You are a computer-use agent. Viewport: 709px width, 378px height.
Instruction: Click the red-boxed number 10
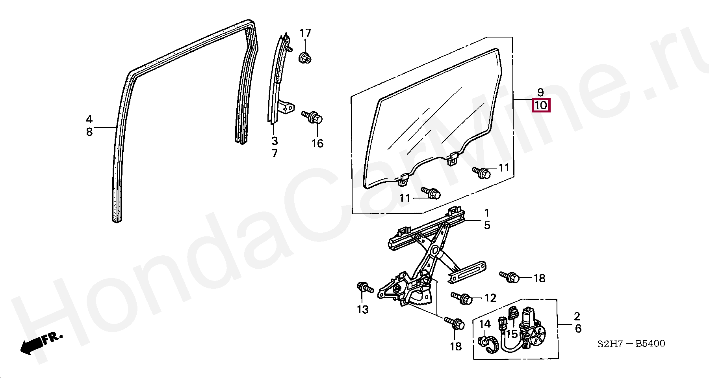[540, 105]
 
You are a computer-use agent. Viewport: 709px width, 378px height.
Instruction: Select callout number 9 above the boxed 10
[540, 92]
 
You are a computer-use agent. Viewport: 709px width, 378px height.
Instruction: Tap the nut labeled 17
[305, 58]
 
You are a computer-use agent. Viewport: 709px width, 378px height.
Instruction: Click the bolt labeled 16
[314, 117]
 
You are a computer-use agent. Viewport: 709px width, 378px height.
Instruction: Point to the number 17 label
[305, 33]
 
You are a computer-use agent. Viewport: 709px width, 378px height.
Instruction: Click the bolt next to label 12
[462, 298]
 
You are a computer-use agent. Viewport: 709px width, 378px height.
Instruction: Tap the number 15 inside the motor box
[512, 334]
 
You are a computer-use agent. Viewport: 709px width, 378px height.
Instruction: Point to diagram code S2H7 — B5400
[631, 344]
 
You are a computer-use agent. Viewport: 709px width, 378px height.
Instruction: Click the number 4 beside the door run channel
[89, 119]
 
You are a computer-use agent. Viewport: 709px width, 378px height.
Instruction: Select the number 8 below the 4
[89, 132]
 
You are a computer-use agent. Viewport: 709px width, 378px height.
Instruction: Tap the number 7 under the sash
[275, 153]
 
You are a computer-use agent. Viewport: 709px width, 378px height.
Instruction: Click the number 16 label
[317, 144]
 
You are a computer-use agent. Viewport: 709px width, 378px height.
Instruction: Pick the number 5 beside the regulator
[487, 225]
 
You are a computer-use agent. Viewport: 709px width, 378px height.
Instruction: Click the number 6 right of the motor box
[578, 329]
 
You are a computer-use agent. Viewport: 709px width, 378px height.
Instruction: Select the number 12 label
[490, 298]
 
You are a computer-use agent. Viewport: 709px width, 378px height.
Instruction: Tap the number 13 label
[363, 310]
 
